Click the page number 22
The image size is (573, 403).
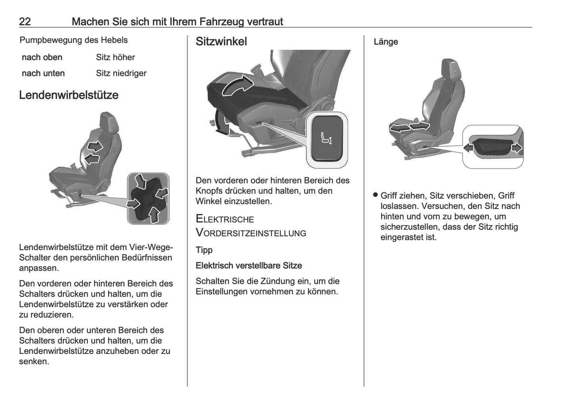25,21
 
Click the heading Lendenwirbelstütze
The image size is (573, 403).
69,95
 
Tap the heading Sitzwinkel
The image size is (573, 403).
221,42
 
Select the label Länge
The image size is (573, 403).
385,42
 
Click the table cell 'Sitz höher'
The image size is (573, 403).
115,57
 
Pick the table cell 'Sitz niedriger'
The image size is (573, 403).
121,73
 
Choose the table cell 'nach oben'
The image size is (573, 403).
42,57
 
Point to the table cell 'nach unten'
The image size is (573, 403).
43,73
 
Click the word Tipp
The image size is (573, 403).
204,250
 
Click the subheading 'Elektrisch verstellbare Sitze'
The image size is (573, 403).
249,266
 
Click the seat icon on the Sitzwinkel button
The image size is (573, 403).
326,138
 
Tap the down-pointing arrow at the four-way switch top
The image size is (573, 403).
140,182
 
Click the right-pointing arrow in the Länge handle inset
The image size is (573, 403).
517,148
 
